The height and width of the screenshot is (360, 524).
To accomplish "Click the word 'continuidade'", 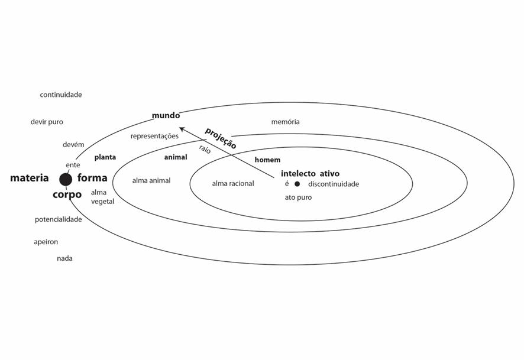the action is click(61, 95).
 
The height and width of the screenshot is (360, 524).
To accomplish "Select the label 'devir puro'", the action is click(47, 122).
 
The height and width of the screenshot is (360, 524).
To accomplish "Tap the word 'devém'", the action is click(73, 145).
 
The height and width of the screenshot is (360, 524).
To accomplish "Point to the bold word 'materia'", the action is click(30, 178).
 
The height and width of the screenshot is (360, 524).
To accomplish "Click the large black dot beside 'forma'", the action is click(66, 179).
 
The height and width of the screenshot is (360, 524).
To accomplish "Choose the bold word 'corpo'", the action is click(67, 194).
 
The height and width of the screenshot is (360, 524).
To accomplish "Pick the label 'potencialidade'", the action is click(58, 219).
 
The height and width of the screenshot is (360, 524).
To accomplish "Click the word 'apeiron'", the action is click(46, 242).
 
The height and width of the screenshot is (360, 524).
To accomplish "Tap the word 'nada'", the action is click(64, 258).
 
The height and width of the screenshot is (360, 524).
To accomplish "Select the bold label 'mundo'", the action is click(166, 115).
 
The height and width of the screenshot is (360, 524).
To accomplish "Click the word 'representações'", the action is click(154, 136).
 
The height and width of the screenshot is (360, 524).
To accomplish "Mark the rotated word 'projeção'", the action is click(221, 138).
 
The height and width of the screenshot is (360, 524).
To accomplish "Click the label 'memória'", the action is click(285, 122).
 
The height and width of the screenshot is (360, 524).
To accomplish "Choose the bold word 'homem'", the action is click(267, 160).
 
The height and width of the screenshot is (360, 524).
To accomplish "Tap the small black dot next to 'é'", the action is click(297, 184).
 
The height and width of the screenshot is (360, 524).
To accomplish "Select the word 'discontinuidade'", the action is click(333, 184).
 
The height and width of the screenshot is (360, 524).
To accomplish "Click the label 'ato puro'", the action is click(298, 197).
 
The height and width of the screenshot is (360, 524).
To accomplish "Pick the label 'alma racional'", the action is click(233, 184).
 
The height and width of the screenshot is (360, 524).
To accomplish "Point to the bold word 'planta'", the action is click(105, 157).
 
